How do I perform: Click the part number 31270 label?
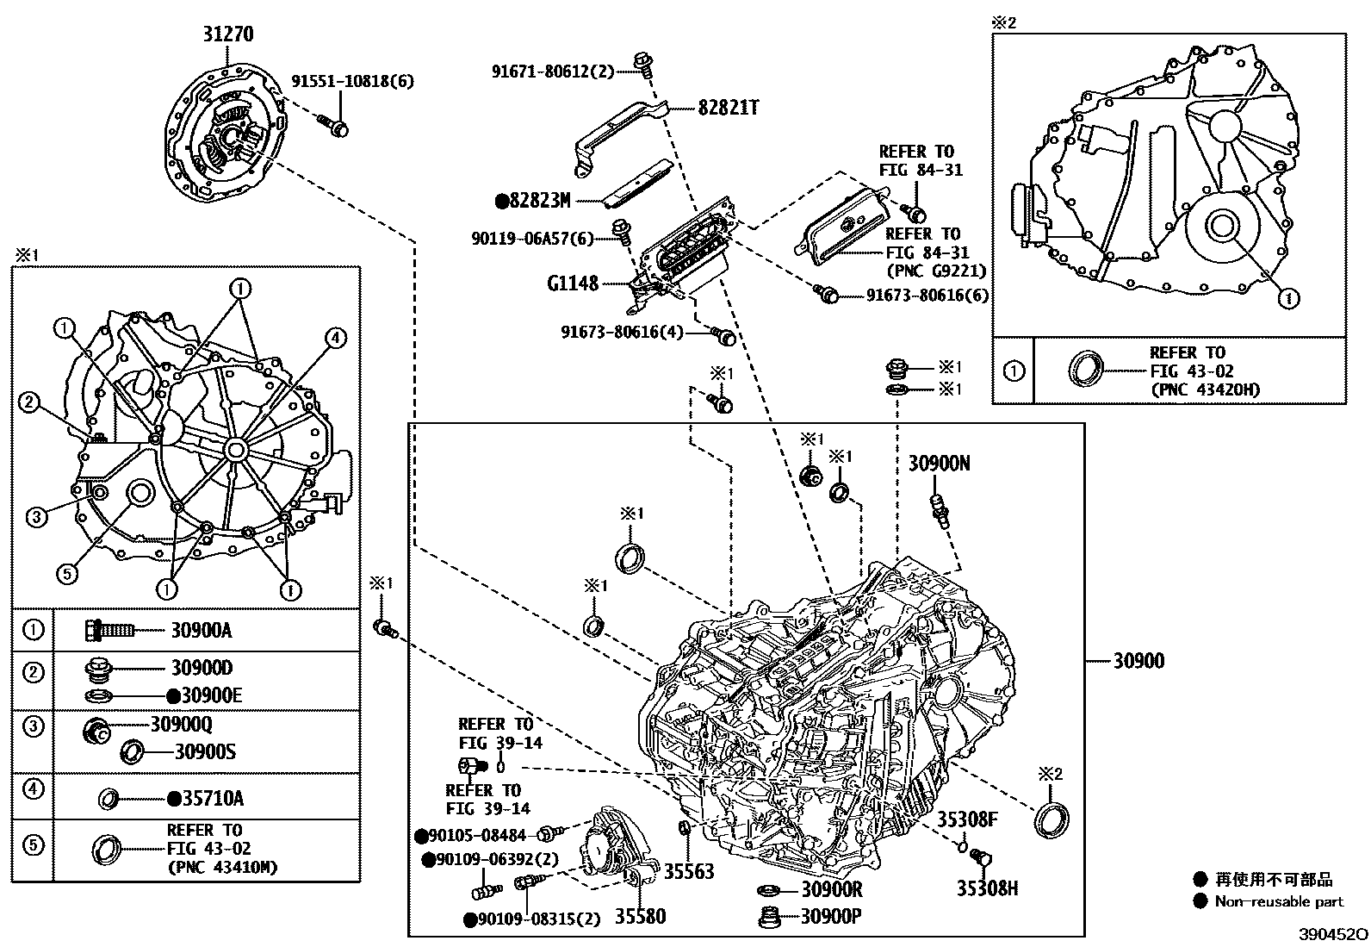pos(228,34)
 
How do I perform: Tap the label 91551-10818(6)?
pos(352,82)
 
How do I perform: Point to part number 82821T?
pos(728,108)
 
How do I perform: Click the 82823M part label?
pos(540,202)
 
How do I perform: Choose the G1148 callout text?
pos(573,283)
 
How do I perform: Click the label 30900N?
pos(939,464)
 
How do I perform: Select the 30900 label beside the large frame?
pos(1138,661)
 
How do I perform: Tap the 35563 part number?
pos(689,872)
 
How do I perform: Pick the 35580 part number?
pos(640,916)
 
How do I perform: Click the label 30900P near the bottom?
pos(831,917)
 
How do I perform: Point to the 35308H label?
pos(988,888)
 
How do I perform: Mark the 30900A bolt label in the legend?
pos(201,630)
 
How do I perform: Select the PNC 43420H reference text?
pos(1204,390)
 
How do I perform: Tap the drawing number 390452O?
pos(1333,935)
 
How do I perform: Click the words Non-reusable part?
pos(1279,902)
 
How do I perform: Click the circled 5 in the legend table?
pos(33,845)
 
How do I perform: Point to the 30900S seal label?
pos(205,752)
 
